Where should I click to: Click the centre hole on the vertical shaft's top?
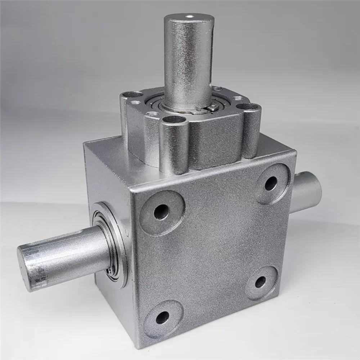point(189,17)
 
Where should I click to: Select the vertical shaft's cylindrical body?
point(187,61)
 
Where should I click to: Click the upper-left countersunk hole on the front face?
point(162,212)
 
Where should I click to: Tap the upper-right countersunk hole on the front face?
point(271,183)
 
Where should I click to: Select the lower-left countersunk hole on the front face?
point(162,317)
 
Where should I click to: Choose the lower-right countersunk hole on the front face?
point(261,282)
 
